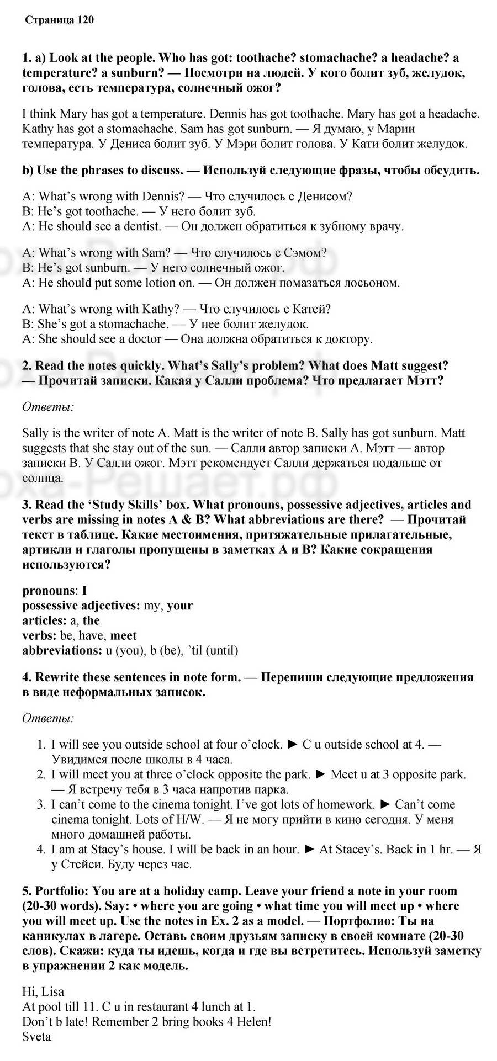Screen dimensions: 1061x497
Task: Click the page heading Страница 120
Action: coord(60,20)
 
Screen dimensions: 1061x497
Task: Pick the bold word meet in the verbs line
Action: coord(124,635)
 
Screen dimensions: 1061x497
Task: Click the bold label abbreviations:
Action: coord(62,650)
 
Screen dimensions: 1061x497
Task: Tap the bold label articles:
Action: coord(45,620)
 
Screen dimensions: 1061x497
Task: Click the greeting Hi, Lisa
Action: coord(43,992)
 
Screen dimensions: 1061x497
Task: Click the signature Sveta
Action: coord(37,1037)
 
